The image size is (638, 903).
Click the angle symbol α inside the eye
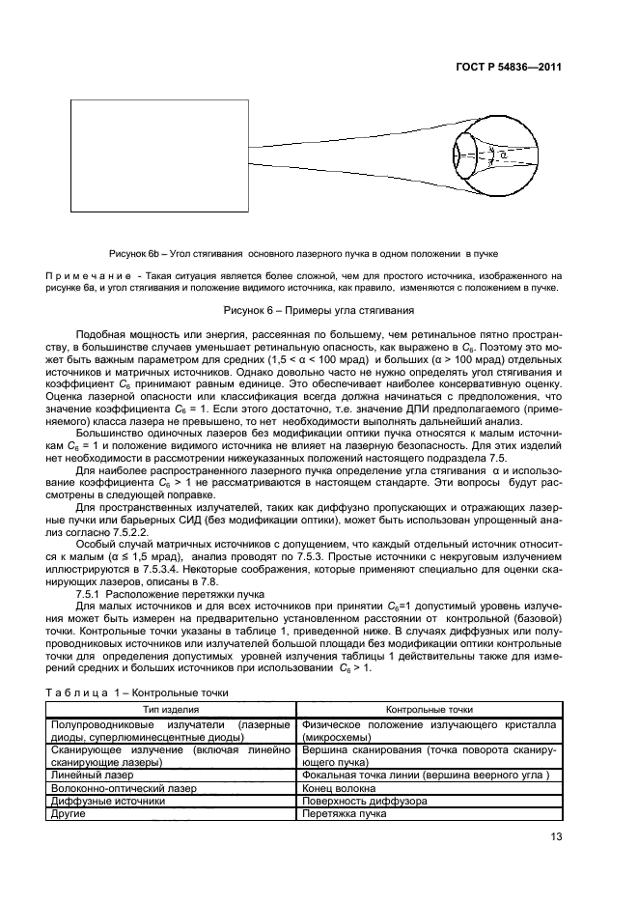click(501, 154)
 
